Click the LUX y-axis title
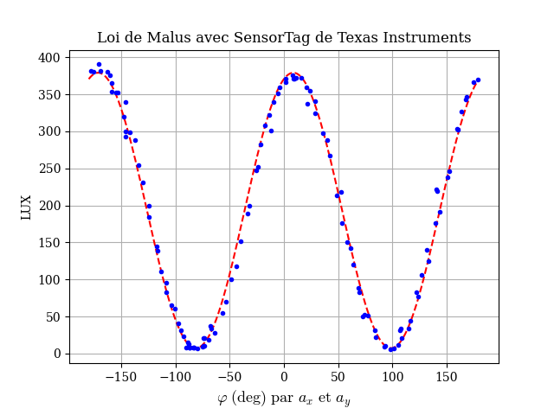pos(27,206)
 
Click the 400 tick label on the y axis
pos(48,58)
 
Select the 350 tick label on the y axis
pos(48,95)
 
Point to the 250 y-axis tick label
pos(48,169)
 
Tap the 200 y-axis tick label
pos(48,206)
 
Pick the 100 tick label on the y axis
pos(48,280)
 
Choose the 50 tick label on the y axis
pos(52,317)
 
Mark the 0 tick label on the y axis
pos(55,354)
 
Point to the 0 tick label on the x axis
pos(284,377)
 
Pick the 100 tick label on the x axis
pos(392,377)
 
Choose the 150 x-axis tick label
pos(447,377)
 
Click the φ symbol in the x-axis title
pos(222,399)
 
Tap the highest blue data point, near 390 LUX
pos(99,64)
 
